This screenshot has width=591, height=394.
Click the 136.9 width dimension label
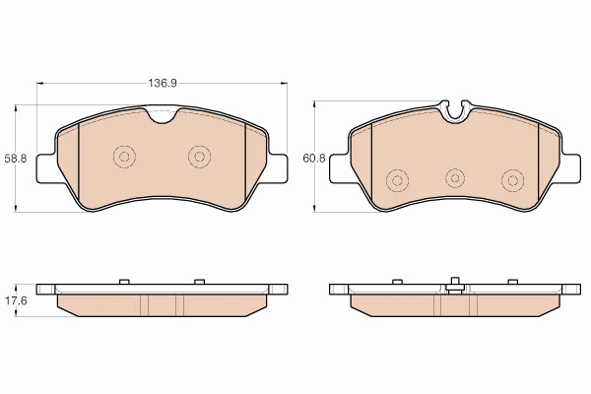click(x=162, y=84)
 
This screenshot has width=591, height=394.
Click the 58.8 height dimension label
click(x=16, y=159)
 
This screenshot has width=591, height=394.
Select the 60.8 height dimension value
click(x=314, y=159)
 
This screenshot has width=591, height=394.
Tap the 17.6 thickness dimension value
click(x=16, y=300)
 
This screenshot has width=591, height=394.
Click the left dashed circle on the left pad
click(x=124, y=157)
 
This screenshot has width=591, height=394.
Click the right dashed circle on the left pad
click(x=199, y=157)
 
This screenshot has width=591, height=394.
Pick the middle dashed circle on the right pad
click(x=455, y=178)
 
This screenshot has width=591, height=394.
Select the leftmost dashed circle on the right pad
click(x=397, y=180)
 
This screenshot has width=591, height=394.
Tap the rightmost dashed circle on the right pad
click(x=512, y=180)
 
